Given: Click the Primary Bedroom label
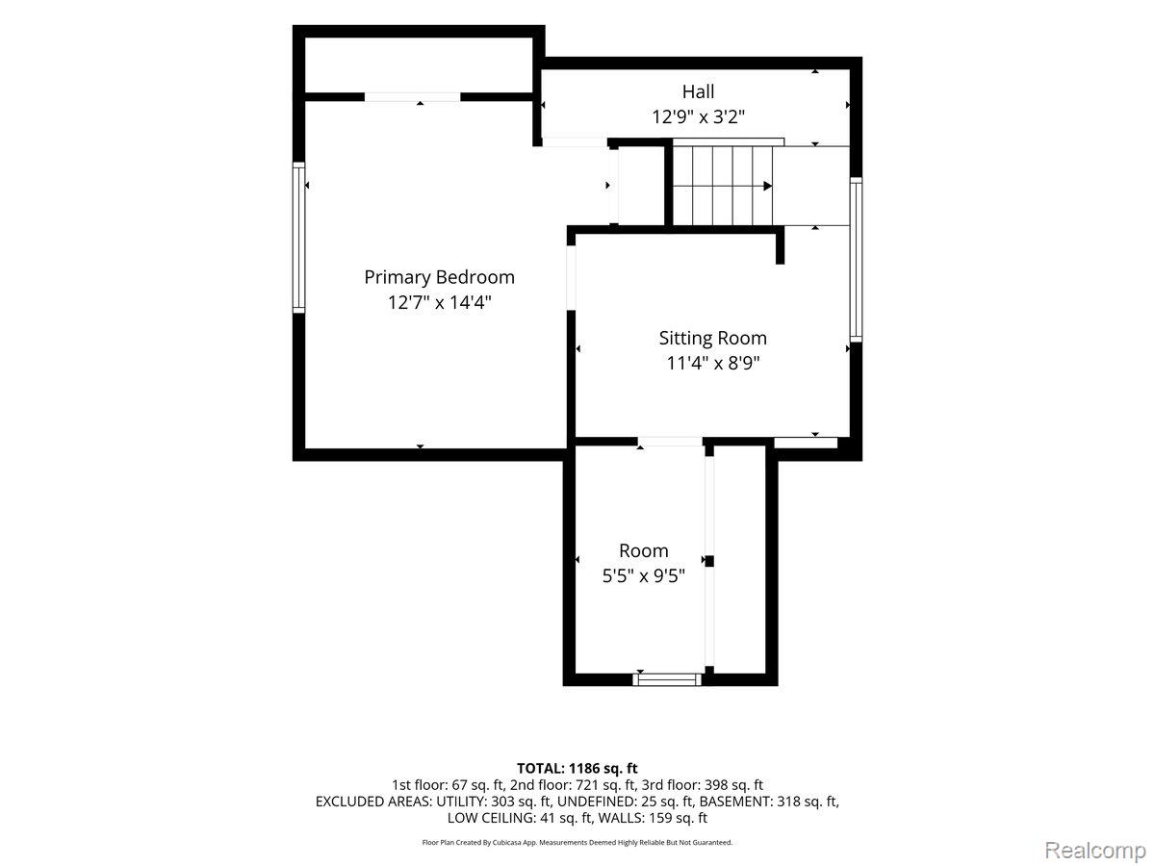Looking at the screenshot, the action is (x=439, y=277).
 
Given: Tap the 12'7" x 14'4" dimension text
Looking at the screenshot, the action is (x=439, y=302).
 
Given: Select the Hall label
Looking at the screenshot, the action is (x=698, y=91).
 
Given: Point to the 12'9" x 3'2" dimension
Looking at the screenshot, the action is (x=698, y=116).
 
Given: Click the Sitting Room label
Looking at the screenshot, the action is (x=712, y=338).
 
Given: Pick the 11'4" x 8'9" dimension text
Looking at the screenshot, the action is (x=713, y=363).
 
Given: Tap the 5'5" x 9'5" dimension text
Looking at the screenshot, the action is (x=644, y=575).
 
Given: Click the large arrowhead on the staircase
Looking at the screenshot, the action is (x=768, y=186).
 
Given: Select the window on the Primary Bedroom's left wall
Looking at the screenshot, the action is (x=298, y=237).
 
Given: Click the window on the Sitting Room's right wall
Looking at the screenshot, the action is (x=856, y=259).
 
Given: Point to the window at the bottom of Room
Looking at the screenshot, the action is (x=667, y=679).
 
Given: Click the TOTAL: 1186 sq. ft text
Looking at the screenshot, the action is (x=577, y=768).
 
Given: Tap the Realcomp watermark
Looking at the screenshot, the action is (x=1095, y=850).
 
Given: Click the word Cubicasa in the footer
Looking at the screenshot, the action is (x=508, y=843).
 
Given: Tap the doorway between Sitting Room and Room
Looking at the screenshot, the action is (x=670, y=442).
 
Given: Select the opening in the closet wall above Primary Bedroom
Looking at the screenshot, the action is (x=413, y=97).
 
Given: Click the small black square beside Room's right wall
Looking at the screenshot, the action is (x=709, y=561).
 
